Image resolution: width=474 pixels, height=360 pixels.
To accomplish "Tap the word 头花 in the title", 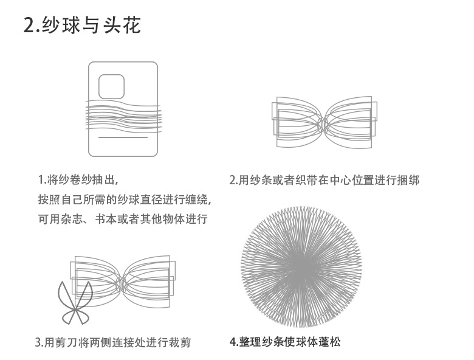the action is click(x=124, y=26).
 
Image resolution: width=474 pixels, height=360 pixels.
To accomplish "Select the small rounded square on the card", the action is click(x=111, y=86).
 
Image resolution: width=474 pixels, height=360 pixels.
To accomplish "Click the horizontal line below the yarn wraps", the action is click(x=123, y=137).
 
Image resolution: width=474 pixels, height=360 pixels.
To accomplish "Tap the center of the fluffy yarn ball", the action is click(x=301, y=266).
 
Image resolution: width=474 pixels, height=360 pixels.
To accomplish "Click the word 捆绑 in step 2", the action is click(x=408, y=181).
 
